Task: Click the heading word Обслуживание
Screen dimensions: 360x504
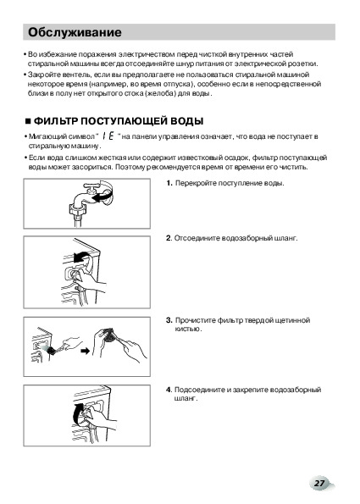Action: pos(75,32)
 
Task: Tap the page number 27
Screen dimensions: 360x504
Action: pos(319,483)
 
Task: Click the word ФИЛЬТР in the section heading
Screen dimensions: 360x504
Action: pos(56,121)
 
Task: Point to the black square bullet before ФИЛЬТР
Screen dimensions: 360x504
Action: pos(28,121)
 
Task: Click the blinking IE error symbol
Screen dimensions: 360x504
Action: pos(108,136)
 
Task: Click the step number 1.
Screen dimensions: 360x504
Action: pos(169,183)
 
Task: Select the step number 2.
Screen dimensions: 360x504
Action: pos(169,238)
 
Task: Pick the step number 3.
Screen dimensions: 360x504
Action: pos(169,320)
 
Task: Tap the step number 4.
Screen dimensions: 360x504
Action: pos(169,390)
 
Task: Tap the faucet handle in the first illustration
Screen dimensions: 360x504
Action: pos(92,186)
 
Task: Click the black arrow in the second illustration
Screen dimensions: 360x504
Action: pos(81,257)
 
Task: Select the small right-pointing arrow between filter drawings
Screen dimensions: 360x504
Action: pos(86,351)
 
